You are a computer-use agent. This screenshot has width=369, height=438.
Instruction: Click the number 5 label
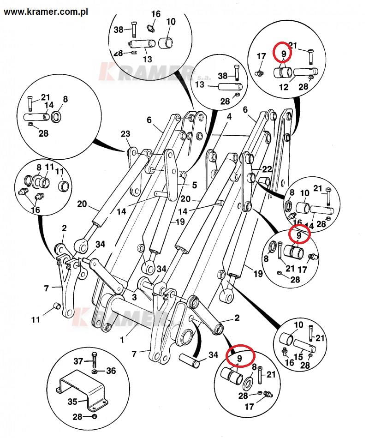194,185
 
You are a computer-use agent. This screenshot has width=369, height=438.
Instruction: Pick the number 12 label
284,87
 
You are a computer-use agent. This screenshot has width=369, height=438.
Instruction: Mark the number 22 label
267,169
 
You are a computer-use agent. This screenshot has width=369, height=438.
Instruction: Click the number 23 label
126,134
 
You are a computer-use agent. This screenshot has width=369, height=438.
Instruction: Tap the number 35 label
72,401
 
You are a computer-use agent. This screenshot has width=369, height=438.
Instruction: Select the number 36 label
111,370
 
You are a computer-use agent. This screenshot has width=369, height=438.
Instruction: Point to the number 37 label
79,360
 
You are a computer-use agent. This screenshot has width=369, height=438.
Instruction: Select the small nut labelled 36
95,371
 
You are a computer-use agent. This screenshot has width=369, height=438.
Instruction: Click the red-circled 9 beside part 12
284,54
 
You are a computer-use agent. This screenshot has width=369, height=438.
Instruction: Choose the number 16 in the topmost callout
156,14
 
